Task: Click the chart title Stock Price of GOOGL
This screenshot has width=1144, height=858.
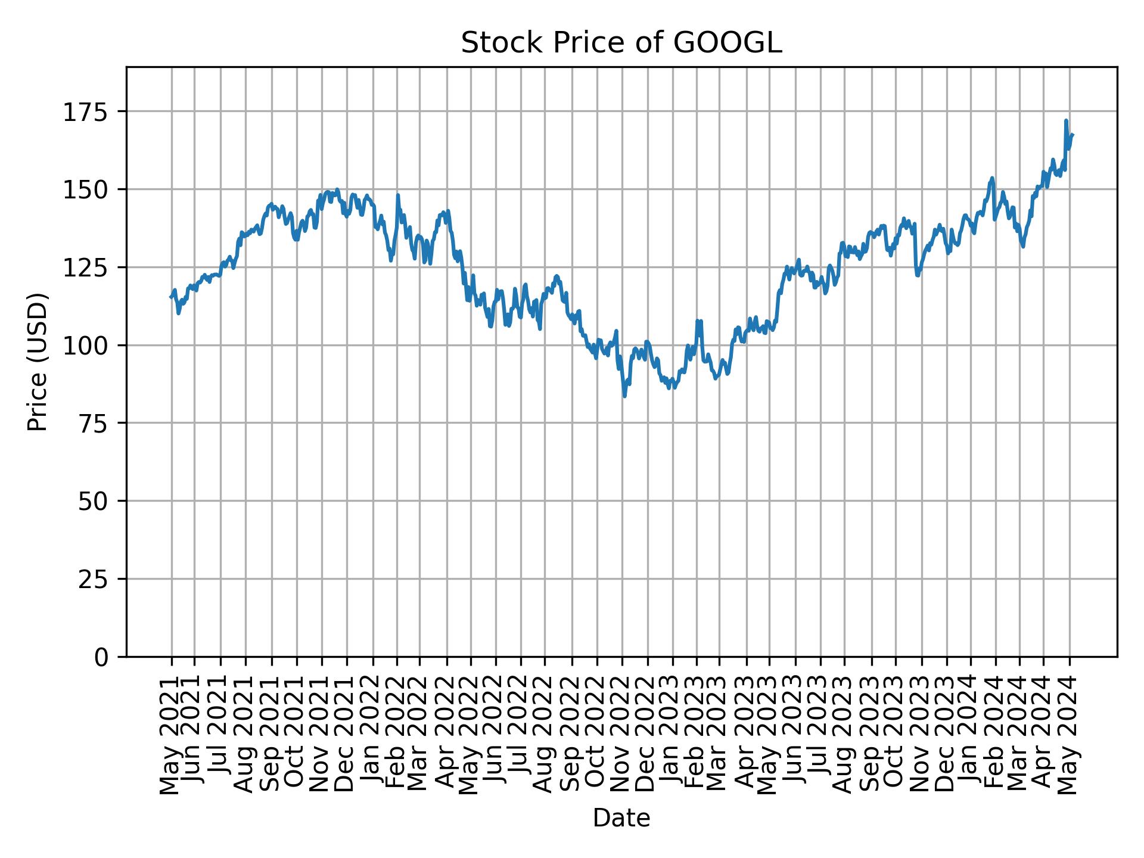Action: click(621, 43)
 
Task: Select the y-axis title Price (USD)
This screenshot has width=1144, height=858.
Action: click(37, 362)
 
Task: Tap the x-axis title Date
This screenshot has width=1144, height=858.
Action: click(621, 818)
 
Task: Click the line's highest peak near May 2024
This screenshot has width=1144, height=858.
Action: click(1066, 120)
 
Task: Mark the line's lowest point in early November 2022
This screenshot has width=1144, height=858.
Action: click(624, 396)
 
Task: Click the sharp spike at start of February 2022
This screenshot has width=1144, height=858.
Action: click(397, 195)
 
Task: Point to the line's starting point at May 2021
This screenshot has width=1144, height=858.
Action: click(171, 297)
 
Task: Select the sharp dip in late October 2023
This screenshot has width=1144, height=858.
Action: click(917, 275)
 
